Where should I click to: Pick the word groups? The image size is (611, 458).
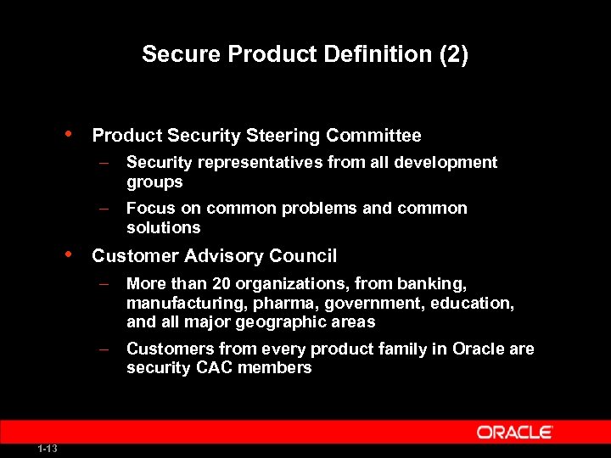click(154, 182)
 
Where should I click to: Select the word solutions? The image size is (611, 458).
click(164, 227)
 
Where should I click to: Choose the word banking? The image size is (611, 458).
click(436, 283)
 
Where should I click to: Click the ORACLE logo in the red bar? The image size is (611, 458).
click(515, 433)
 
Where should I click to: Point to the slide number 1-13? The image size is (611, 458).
click(47, 449)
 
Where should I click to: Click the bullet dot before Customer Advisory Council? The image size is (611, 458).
click(68, 254)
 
